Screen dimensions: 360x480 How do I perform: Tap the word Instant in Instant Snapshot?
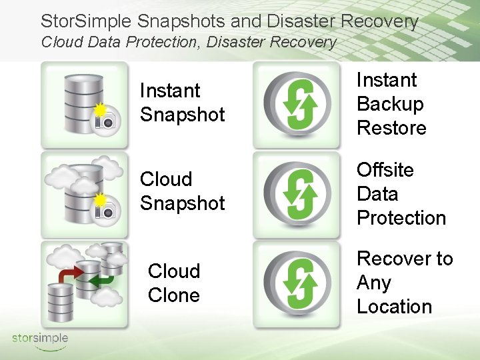tap(170, 91)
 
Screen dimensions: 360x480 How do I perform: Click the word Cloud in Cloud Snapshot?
tap(166, 179)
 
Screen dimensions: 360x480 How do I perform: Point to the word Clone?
tap(174, 295)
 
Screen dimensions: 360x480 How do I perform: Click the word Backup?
tap(390, 104)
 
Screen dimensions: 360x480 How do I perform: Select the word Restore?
tap(391, 127)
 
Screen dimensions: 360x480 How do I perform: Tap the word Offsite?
tap(385, 170)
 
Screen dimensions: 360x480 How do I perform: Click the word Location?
tap(395, 307)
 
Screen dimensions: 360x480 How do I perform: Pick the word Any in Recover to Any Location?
tap(374, 283)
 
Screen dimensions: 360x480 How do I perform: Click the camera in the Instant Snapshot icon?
tap(105, 120)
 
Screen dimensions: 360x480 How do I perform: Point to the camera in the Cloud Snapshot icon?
tap(105, 210)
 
